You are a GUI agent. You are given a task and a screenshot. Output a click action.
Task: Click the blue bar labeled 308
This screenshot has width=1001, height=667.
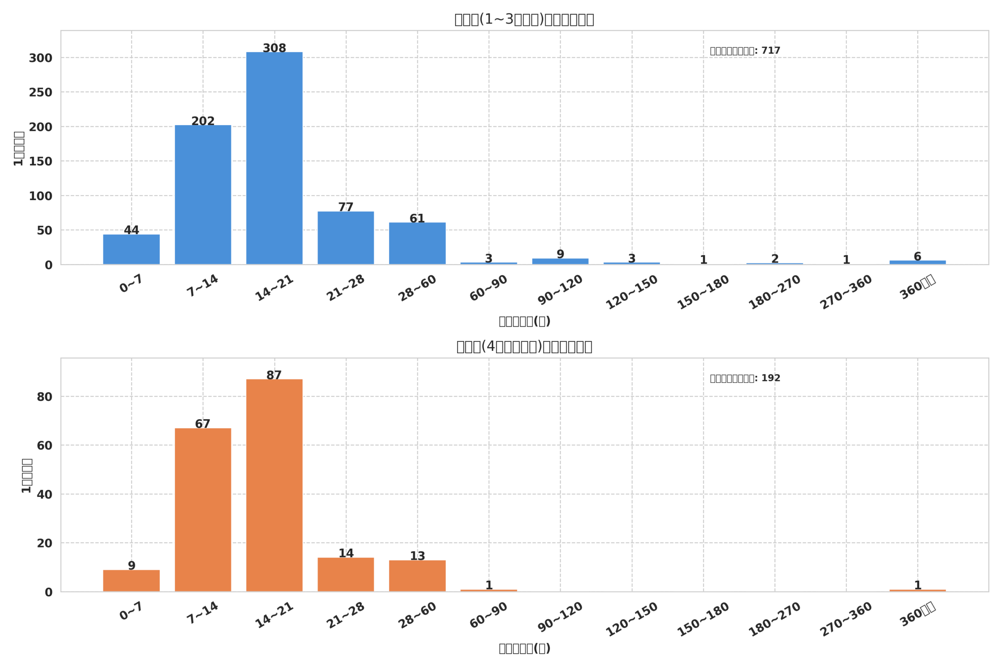click(x=274, y=158)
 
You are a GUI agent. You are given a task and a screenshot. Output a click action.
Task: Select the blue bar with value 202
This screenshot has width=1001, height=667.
click(x=203, y=195)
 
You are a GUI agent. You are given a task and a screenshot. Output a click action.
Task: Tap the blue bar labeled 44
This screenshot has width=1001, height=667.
click(x=131, y=249)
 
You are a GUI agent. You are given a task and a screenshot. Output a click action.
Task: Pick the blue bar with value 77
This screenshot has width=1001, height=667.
click(x=346, y=238)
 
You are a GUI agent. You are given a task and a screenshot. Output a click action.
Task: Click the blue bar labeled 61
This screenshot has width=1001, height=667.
click(x=417, y=243)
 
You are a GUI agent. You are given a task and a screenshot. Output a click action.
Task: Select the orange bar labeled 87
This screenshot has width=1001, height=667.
click(x=274, y=485)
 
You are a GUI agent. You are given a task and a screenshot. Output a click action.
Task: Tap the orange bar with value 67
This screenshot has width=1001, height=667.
click(x=203, y=510)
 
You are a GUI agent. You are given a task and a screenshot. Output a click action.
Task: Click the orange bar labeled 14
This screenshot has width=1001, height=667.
click(x=346, y=574)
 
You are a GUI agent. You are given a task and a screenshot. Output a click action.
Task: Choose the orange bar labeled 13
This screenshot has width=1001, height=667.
click(x=417, y=576)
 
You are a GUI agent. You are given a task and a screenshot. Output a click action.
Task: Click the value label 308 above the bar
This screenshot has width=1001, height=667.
click(x=274, y=48)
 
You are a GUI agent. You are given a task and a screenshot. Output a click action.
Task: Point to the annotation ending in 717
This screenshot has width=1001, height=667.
click(x=745, y=51)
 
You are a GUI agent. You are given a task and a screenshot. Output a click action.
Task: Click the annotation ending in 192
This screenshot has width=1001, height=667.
click(x=745, y=378)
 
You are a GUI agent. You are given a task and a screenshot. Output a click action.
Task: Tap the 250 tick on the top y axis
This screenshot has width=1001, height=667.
click(x=40, y=92)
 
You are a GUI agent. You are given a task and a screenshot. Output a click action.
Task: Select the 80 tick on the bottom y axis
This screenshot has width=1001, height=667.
click(x=44, y=397)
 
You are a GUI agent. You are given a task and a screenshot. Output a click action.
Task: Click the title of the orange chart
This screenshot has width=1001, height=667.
click(x=524, y=347)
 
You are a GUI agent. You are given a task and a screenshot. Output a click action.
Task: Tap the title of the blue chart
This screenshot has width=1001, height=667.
click(x=524, y=19)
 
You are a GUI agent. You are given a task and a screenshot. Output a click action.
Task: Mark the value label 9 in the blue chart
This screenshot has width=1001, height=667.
click(x=560, y=254)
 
